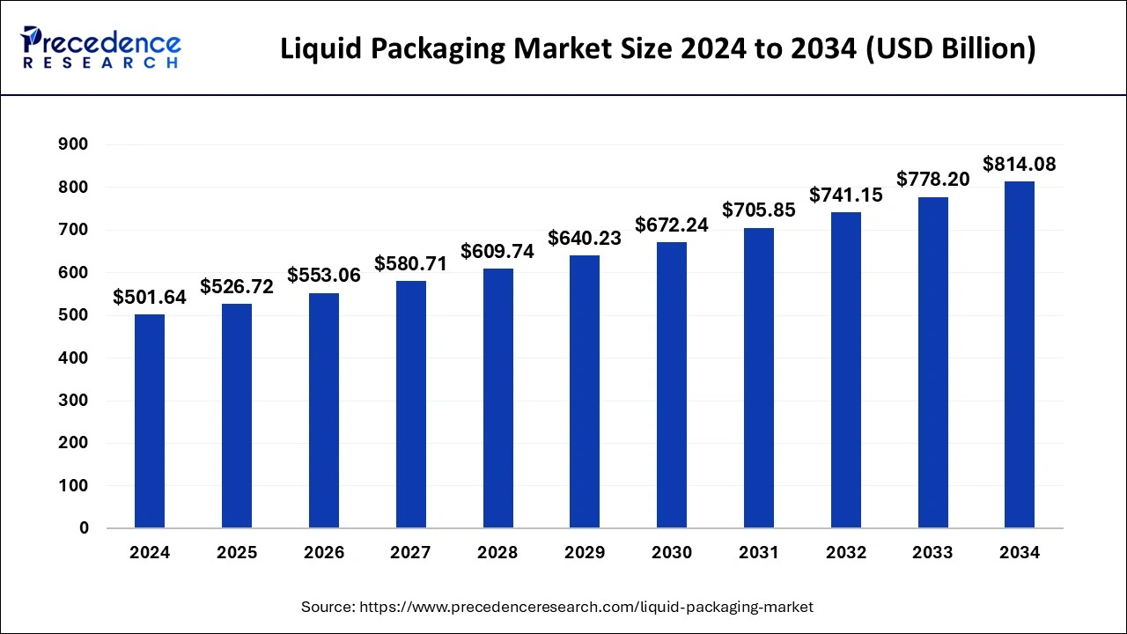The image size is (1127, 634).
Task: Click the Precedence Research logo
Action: point(101,48)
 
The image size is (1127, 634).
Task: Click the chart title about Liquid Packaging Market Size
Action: point(658,49)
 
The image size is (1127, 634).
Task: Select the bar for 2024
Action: point(150,421)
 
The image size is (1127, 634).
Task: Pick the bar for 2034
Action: point(1020,355)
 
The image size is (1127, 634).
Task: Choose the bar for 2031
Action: point(759,378)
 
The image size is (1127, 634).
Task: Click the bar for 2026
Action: point(324,410)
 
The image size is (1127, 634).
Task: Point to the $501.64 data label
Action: point(150,298)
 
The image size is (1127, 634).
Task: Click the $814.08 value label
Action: point(1020,164)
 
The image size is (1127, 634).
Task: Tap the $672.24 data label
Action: point(672,225)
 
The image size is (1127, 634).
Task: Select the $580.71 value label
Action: point(411,263)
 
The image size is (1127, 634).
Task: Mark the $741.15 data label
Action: point(845,195)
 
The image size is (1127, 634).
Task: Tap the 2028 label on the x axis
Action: point(497,553)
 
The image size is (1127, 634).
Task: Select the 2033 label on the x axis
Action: point(932,553)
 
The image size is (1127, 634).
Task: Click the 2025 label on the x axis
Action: point(237,553)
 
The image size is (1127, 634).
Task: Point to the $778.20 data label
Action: point(932,180)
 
